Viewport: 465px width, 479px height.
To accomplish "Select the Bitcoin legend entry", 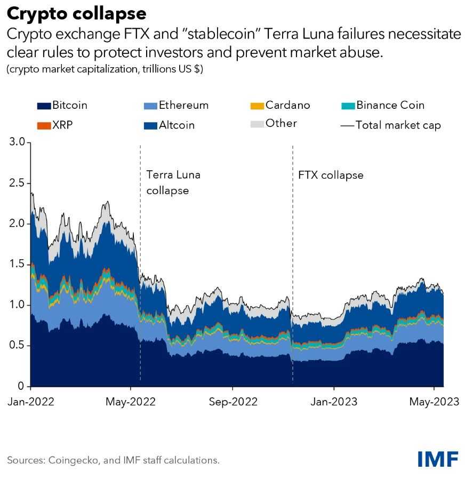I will (x=63, y=105).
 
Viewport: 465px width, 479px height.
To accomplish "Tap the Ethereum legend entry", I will (x=177, y=105).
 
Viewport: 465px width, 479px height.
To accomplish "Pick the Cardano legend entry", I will (x=280, y=105).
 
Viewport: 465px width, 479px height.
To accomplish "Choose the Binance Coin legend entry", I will (x=383, y=105).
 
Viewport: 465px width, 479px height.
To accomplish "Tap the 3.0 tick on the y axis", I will (x=18, y=142).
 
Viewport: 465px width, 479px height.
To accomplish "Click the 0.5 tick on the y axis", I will (x=18, y=346).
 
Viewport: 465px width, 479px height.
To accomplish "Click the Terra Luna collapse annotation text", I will (x=173, y=182).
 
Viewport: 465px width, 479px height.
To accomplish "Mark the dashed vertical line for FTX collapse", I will (x=293, y=240).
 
